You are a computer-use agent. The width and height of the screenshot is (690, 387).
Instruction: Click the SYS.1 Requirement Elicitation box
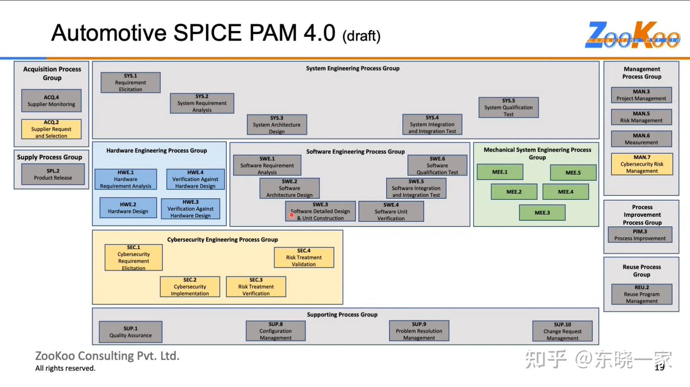click(x=131, y=83)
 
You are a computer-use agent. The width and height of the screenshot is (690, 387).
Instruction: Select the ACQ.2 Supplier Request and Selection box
click(x=51, y=129)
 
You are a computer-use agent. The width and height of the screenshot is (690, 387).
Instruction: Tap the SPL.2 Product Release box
click(x=53, y=174)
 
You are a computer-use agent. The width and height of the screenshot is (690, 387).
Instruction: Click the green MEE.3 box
click(x=542, y=213)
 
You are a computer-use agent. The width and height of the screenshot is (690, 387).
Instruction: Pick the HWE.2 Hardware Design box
click(x=128, y=208)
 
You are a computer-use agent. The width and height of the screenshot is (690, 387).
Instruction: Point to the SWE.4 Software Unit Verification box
click(x=391, y=211)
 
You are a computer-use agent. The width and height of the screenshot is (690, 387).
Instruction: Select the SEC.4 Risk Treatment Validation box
click(x=304, y=257)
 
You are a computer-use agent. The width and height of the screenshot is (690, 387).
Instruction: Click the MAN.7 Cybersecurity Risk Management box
click(x=642, y=164)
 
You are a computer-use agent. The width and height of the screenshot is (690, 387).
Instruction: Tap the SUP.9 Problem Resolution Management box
click(x=419, y=331)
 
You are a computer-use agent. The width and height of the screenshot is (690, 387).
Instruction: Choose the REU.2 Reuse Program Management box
click(x=642, y=294)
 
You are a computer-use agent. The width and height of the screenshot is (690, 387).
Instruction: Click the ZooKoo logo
click(x=632, y=35)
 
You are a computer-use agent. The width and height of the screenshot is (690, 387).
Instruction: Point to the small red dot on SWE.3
click(x=292, y=215)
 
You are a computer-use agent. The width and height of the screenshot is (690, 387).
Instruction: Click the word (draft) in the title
click(x=361, y=36)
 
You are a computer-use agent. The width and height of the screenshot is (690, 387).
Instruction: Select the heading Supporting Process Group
click(x=342, y=315)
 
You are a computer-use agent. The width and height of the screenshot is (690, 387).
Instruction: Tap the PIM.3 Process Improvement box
click(x=640, y=235)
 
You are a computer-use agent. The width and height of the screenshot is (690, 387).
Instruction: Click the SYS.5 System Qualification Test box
click(x=509, y=107)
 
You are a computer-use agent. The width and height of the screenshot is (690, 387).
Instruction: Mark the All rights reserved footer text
click(x=65, y=368)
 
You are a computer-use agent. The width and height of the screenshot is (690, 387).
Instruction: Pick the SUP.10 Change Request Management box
click(x=562, y=331)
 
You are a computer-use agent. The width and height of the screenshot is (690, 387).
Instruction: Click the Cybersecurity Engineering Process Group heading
click(x=222, y=240)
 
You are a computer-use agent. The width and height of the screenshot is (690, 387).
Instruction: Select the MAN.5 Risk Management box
click(x=641, y=117)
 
